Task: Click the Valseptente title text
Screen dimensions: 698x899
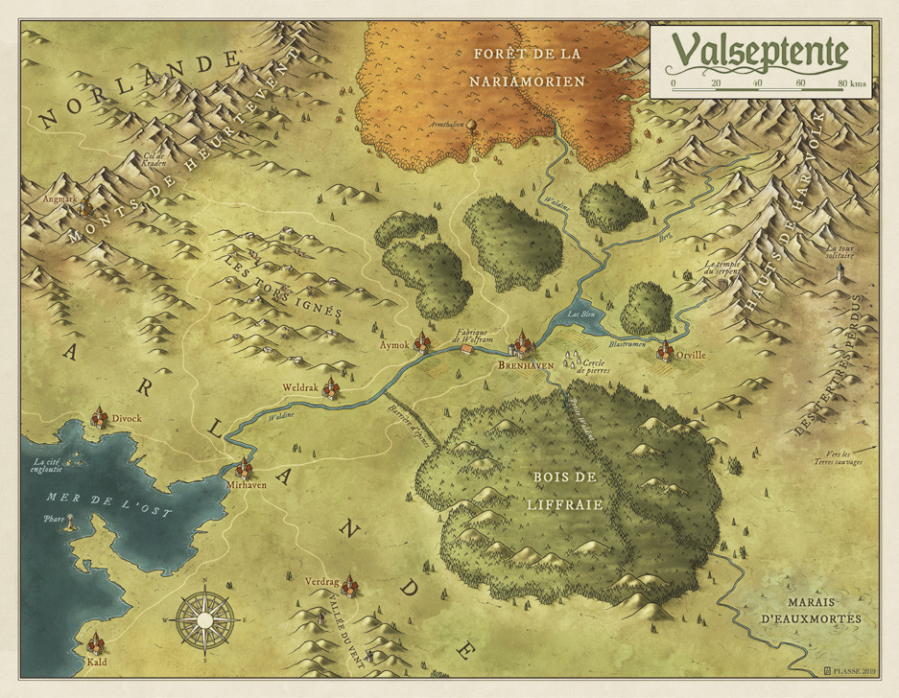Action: pyautogui.click(x=759, y=53)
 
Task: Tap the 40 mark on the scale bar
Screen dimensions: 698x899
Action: pyautogui.click(x=758, y=84)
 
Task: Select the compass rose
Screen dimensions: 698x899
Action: pyautogui.click(x=204, y=619)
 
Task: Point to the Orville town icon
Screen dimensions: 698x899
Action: pyautogui.click(x=664, y=352)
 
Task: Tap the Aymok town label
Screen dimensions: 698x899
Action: pyautogui.click(x=394, y=344)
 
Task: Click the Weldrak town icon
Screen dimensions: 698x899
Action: pyautogui.click(x=331, y=386)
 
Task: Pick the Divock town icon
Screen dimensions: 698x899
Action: pyautogui.click(x=99, y=417)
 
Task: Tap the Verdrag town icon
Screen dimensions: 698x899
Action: pyautogui.click(x=350, y=583)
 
